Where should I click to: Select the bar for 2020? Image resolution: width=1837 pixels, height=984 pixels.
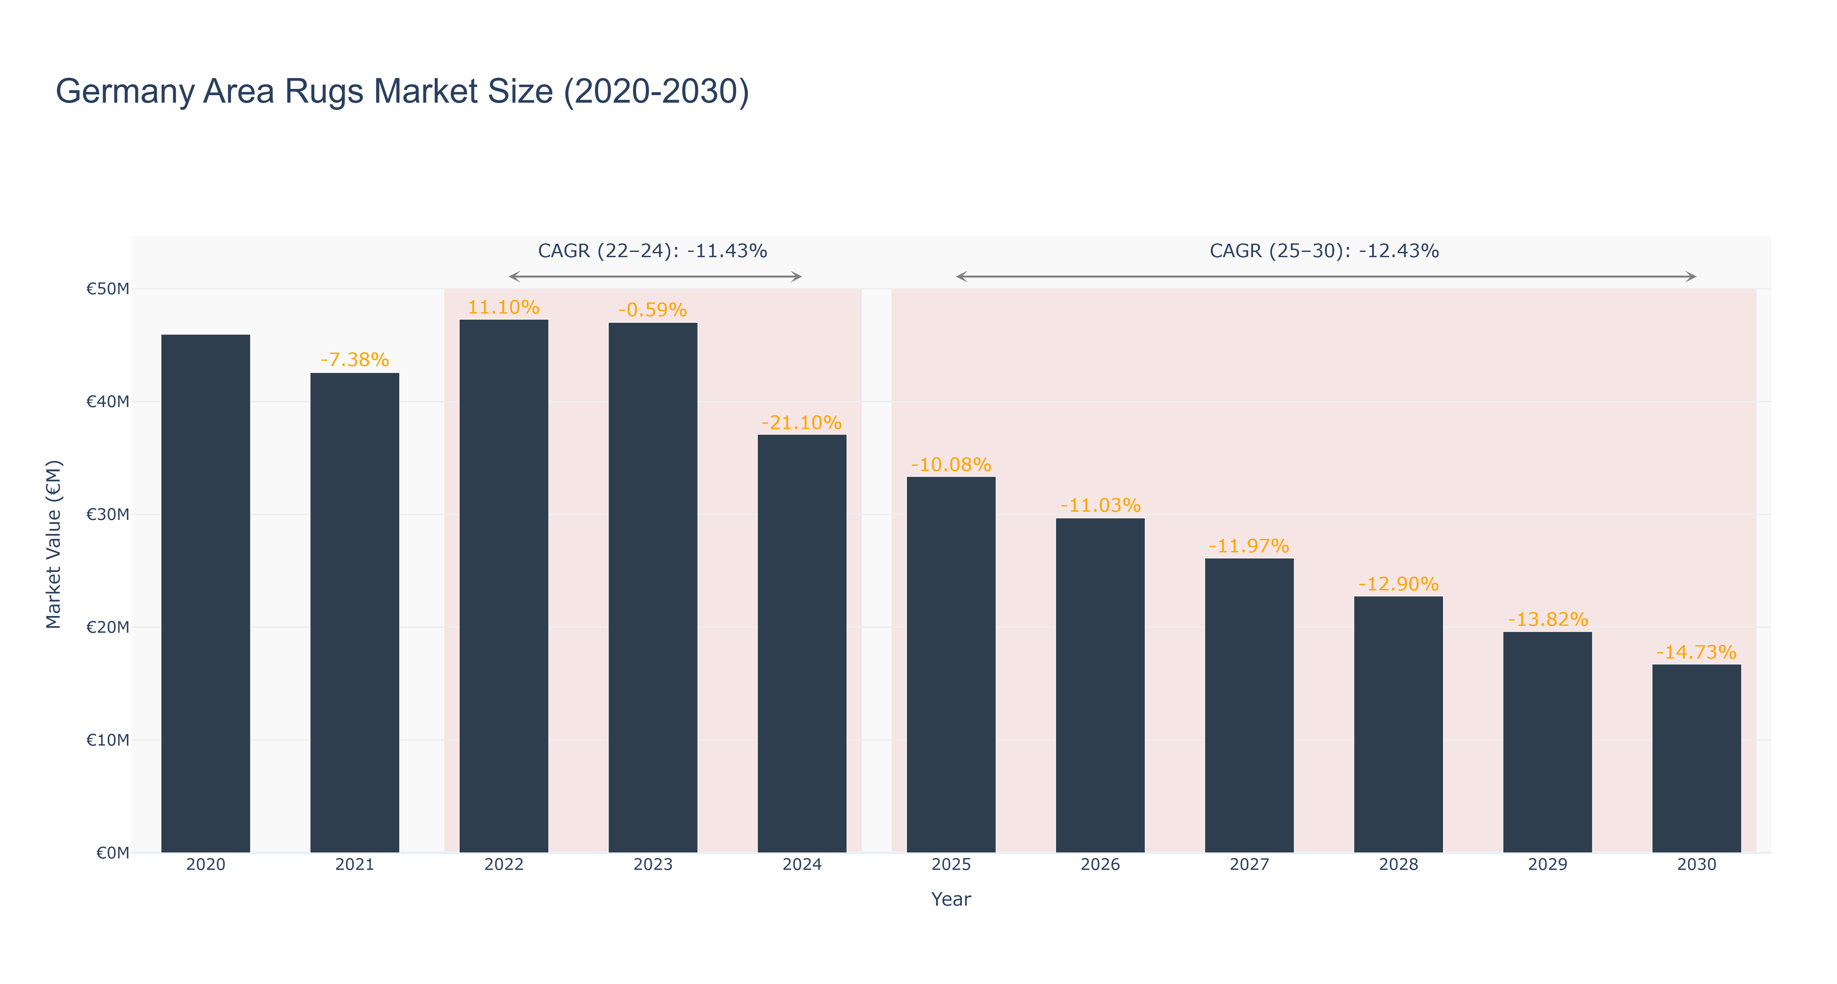click(205, 593)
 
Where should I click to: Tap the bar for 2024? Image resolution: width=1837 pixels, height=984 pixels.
click(801, 643)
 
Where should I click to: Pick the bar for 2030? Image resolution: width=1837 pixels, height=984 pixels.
click(1697, 759)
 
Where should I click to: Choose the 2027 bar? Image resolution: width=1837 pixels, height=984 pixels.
click(1249, 705)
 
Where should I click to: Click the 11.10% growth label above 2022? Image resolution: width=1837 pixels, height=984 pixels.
click(504, 307)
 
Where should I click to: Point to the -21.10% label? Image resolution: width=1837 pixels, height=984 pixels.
click(801, 423)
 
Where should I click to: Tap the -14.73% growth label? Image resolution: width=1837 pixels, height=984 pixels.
click(1697, 652)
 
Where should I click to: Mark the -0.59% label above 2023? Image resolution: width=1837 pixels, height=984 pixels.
click(652, 310)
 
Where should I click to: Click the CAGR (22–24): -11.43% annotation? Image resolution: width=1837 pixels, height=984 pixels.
click(652, 251)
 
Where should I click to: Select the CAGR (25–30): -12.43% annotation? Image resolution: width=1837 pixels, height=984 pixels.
click(1324, 251)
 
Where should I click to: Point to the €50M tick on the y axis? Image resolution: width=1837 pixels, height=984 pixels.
click(108, 289)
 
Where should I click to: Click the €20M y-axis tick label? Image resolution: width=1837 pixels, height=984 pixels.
click(108, 627)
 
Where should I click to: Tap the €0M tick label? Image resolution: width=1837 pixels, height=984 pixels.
click(113, 853)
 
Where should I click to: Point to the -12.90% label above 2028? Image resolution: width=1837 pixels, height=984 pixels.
click(1398, 584)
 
